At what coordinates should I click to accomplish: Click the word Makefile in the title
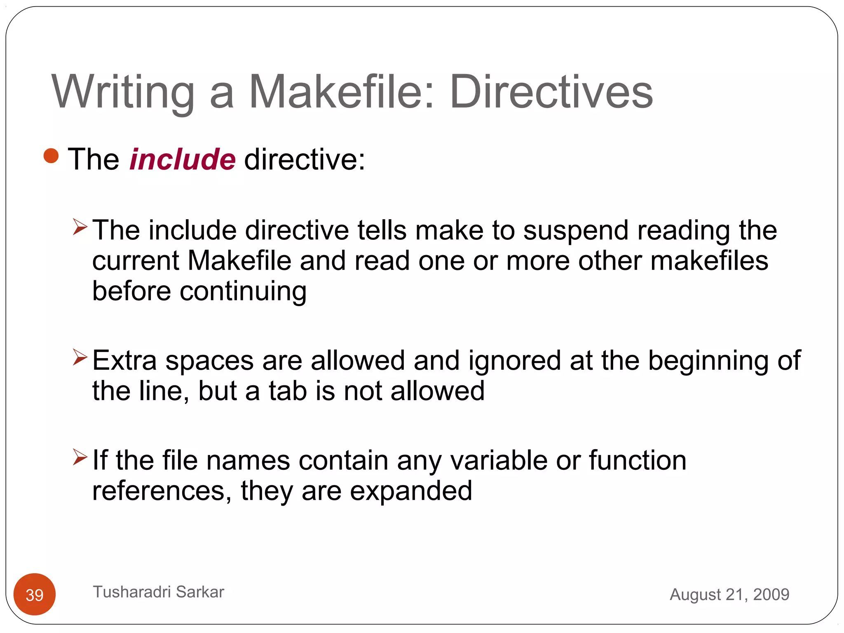tap(336, 91)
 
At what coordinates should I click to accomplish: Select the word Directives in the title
tap(551, 91)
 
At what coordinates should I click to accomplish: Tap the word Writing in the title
tap(123, 91)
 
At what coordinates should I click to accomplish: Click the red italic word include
tap(182, 159)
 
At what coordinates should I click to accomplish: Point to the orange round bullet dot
tap(51, 156)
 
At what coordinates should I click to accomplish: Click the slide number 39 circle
tap(35, 594)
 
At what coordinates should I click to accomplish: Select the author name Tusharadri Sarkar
tap(158, 592)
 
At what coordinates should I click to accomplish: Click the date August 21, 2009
tap(729, 594)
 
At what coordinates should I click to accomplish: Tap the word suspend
tap(576, 231)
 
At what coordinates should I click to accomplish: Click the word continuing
tap(243, 292)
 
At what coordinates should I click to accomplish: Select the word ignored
tap(515, 361)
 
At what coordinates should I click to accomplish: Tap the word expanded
tap(411, 491)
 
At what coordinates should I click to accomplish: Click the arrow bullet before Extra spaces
tap(80, 357)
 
